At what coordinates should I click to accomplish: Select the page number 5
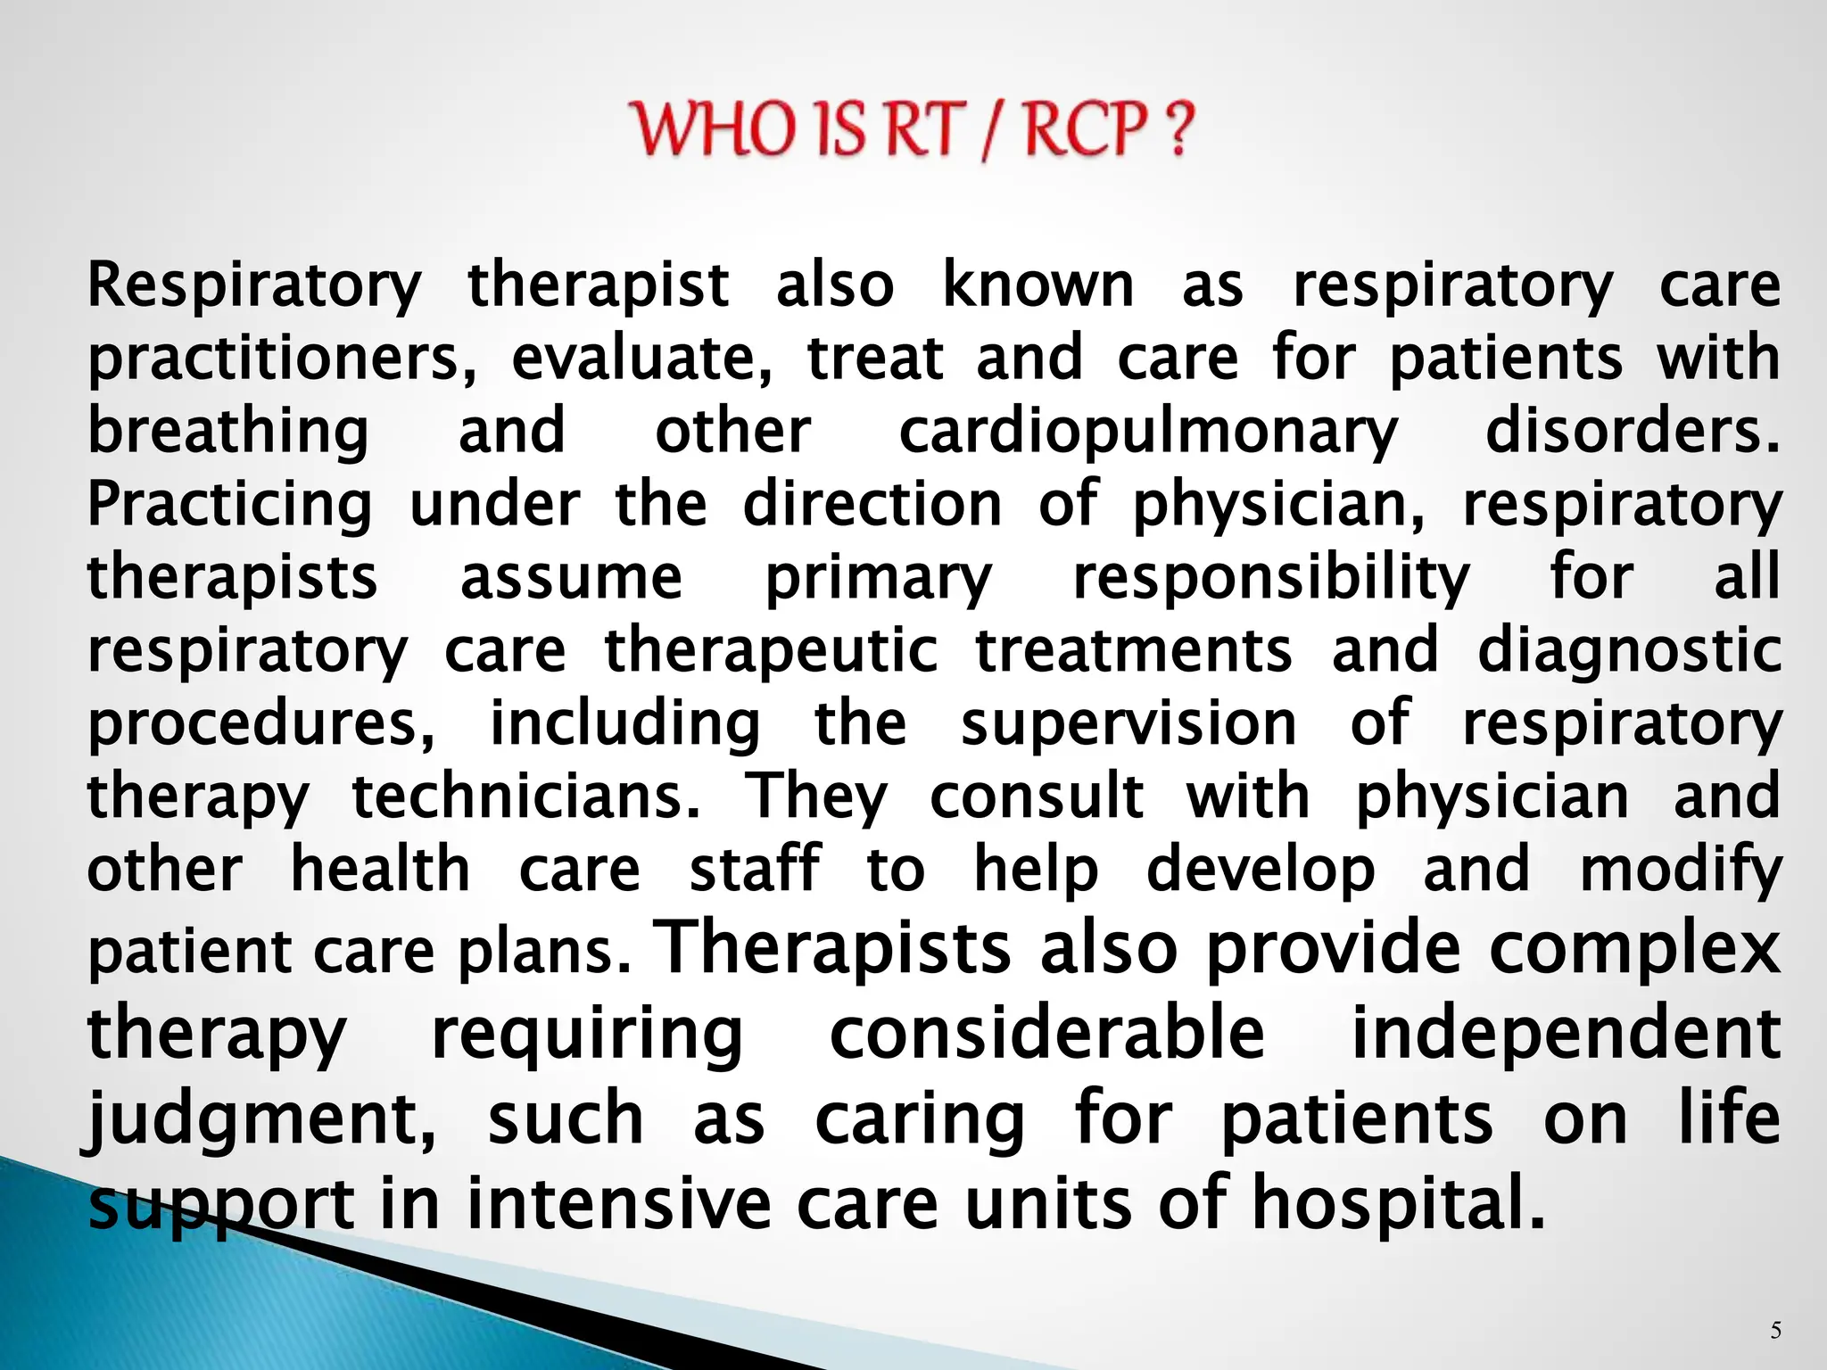pos(1775,1332)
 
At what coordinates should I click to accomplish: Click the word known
pos(1038,285)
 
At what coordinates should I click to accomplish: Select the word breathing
pos(227,433)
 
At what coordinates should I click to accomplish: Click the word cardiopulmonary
pos(1147,433)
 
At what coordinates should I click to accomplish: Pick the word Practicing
pos(229,506)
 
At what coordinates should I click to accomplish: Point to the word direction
pos(872,504)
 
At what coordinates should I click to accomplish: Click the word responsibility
pos(1270,579)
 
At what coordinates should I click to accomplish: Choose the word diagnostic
pos(1629,651)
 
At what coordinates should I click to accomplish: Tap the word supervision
pos(1128,723)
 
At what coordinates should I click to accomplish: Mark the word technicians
pos(526,796)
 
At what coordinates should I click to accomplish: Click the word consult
pos(1036,796)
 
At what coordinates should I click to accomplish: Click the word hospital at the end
pos(1397,1204)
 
